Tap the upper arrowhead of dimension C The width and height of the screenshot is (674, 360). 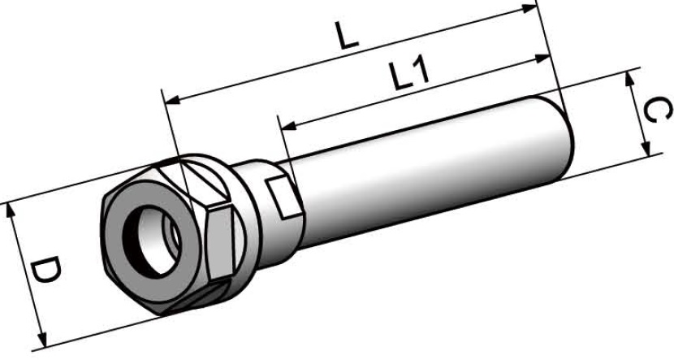tap(630, 77)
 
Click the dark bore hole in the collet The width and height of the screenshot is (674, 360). tap(153, 236)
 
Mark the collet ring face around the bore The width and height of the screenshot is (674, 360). tap(130, 244)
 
